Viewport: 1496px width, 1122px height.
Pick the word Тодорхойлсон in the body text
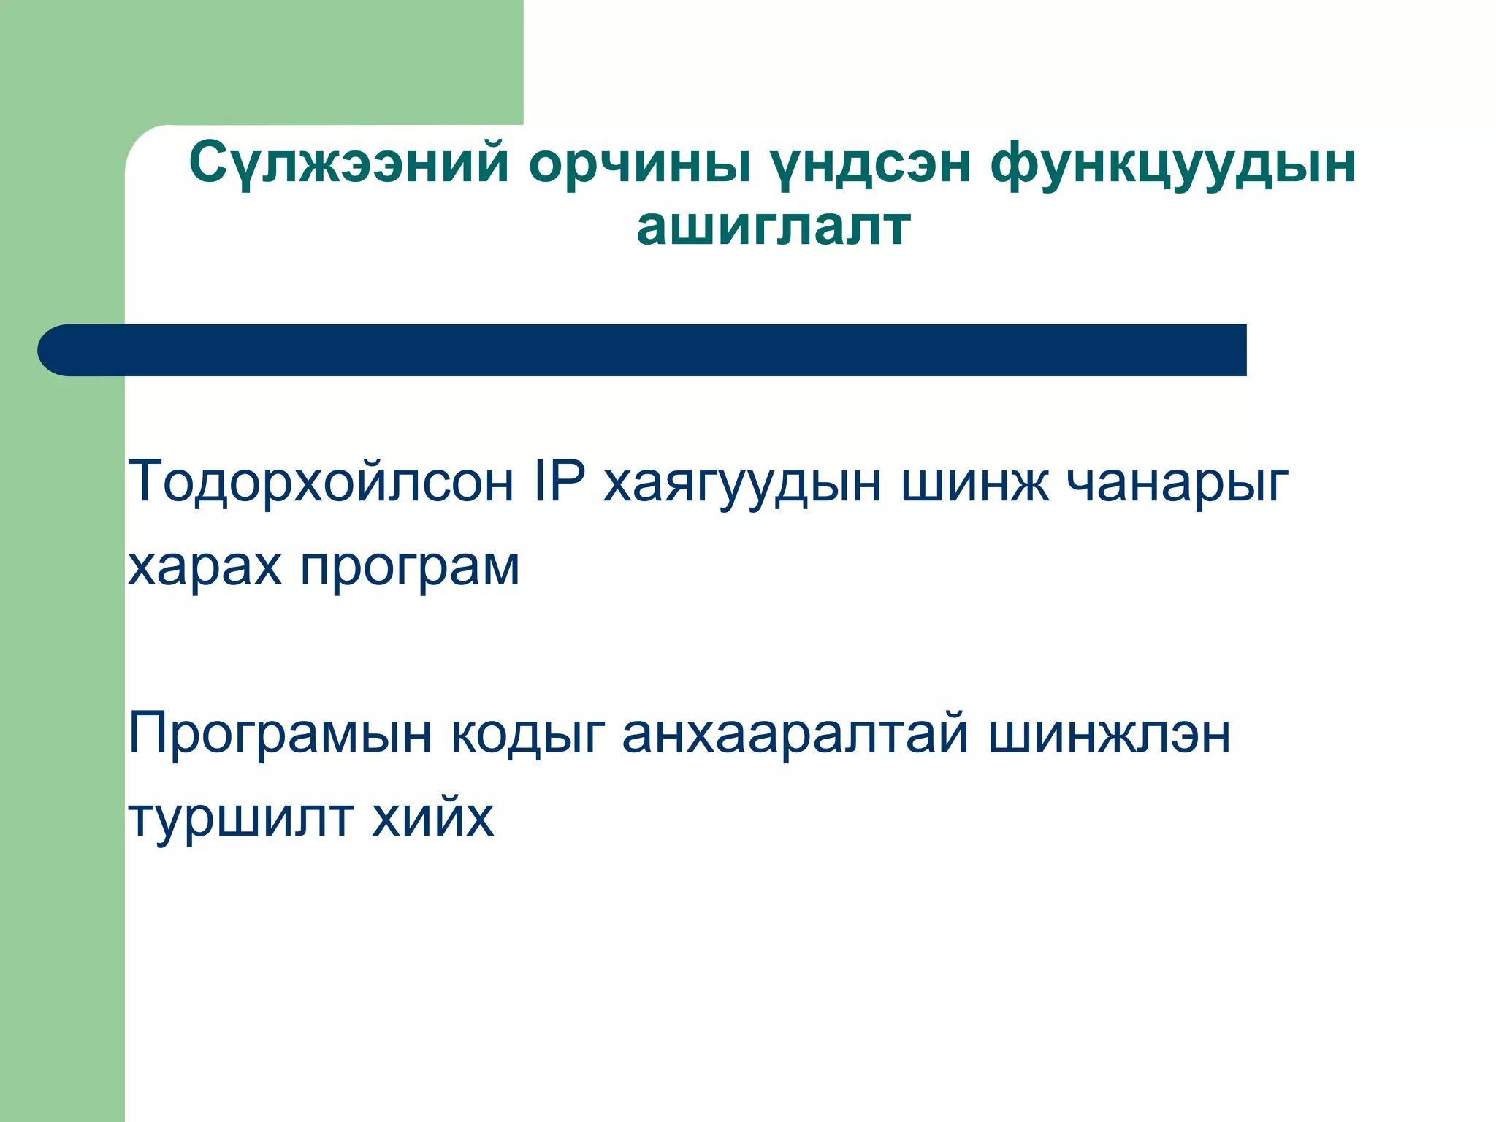pyautogui.click(x=321, y=482)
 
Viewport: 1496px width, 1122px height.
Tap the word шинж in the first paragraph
pyautogui.click(x=974, y=482)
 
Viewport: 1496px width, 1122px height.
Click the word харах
pyautogui.click(x=205, y=567)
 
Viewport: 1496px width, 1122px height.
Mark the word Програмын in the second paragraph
pyautogui.click(x=280, y=735)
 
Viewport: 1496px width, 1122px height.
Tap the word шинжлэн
pyautogui.click(x=1109, y=733)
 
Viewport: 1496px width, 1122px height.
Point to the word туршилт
pyautogui.click(x=240, y=818)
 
